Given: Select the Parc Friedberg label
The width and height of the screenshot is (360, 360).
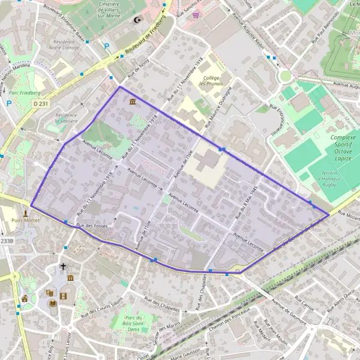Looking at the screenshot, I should pos(25,93).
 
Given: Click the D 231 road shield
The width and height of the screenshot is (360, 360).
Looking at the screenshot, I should pos(40,104).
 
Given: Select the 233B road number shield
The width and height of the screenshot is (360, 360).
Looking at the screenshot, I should pos(6,241).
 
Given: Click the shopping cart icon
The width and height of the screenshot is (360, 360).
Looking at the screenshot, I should pos(196,16).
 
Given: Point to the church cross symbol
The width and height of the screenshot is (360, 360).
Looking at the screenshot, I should pos(63,266).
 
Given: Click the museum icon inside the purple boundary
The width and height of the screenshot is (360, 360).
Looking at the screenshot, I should pos(131,102).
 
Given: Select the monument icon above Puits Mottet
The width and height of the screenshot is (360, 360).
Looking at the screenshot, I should pos(26,212).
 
